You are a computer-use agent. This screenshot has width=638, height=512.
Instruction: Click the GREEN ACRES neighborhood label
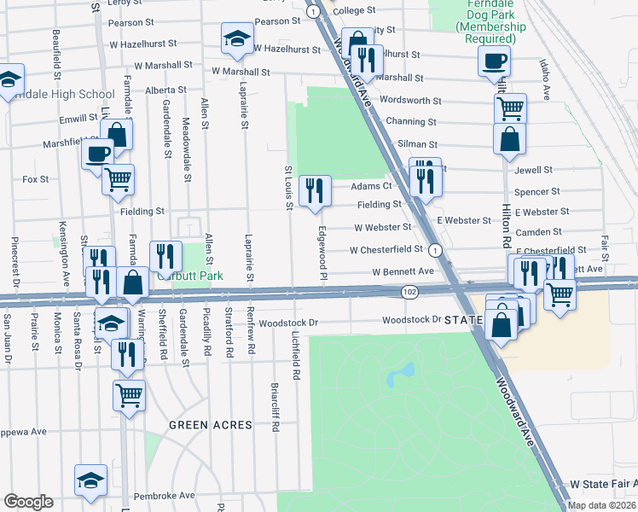[210, 425]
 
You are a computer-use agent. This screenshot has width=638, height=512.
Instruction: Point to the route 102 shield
[409, 292]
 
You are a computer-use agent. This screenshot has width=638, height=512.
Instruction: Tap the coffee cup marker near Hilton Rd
[494, 61]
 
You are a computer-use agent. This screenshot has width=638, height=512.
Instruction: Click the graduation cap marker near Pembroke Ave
[90, 480]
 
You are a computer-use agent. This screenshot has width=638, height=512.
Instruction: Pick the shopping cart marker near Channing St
[510, 108]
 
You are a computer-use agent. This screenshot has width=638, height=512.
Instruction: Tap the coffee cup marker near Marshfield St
[98, 154]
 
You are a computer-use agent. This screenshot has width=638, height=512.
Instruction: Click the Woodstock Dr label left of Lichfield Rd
[288, 323]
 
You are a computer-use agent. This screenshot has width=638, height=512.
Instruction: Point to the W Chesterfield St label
[386, 250]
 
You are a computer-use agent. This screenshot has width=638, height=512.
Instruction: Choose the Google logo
[28, 501]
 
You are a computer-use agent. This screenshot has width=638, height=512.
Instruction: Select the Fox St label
[36, 179]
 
